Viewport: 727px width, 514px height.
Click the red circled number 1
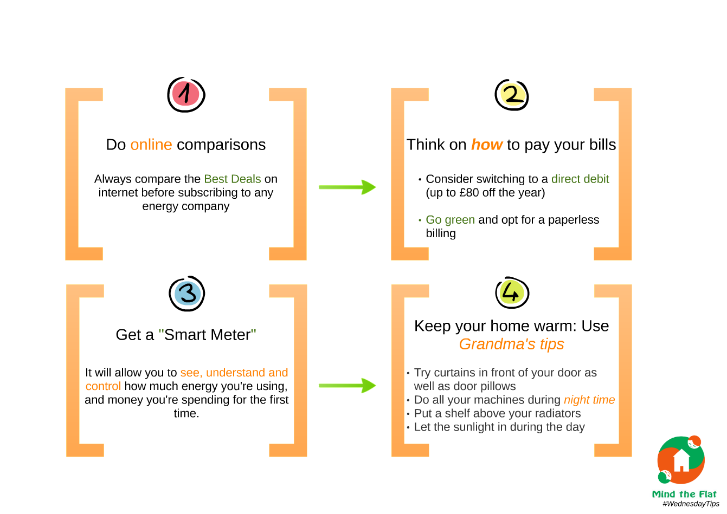pyautogui.click(x=186, y=95)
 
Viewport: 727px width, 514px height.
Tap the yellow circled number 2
pyautogui.click(x=512, y=95)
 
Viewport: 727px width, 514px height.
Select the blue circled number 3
pyautogui.click(x=186, y=294)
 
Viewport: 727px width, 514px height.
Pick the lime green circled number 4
pyautogui.click(x=512, y=292)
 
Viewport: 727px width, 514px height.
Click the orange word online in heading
pyautogui.click(x=151, y=145)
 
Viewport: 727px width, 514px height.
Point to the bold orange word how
pyautogui.click(x=487, y=145)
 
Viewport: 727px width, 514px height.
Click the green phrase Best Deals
pyautogui.click(x=233, y=179)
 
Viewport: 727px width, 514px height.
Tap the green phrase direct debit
pyautogui.click(x=580, y=179)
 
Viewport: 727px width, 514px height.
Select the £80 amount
pyautogui.click(x=469, y=193)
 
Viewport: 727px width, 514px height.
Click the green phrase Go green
pyautogui.click(x=450, y=220)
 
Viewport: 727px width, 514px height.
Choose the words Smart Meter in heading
pyautogui.click(x=208, y=335)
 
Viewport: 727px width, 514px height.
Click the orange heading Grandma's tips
pyautogui.click(x=511, y=344)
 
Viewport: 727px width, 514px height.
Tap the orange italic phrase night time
pyautogui.click(x=589, y=400)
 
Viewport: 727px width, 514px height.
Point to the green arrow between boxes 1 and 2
pyautogui.click(x=348, y=187)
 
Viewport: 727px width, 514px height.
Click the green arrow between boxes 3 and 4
pyautogui.click(x=348, y=386)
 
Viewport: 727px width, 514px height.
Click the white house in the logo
pyautogui.click(x=681, y=460)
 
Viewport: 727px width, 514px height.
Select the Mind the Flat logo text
pyautogui.click(x=684, y=494)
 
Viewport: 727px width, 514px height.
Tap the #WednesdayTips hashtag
pyautogui.click(x=691, y=504)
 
